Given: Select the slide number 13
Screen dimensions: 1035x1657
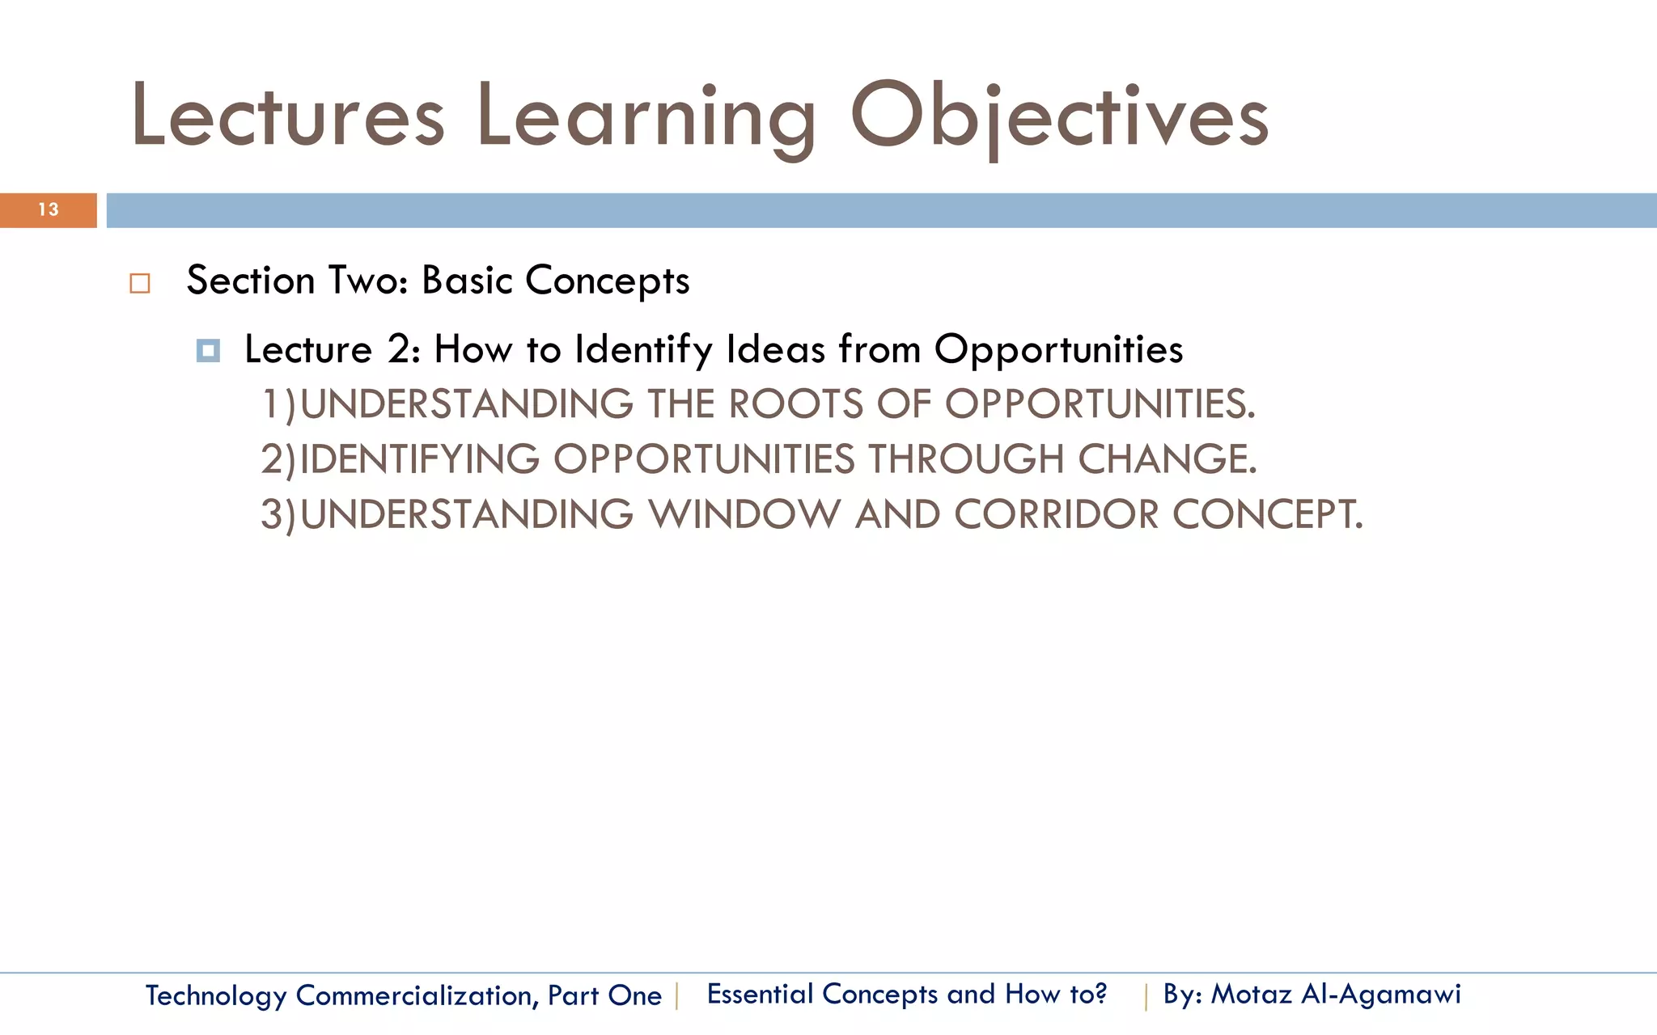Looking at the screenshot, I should [49, 210].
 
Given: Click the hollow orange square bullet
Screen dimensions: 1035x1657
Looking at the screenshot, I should [140, 284].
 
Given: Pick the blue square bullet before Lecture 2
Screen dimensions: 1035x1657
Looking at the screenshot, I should [208, 351].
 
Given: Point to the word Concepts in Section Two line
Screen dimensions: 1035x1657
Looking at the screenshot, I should [607, 281].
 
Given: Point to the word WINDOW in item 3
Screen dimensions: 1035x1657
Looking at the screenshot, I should [744, 514].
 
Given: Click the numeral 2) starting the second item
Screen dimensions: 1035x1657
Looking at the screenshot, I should [278, 459].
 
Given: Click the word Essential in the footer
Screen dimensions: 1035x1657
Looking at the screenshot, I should [760, 994].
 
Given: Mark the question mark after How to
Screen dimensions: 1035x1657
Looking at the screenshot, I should [1100, 994].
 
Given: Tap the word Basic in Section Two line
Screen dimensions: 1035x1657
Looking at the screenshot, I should [467, 281].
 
